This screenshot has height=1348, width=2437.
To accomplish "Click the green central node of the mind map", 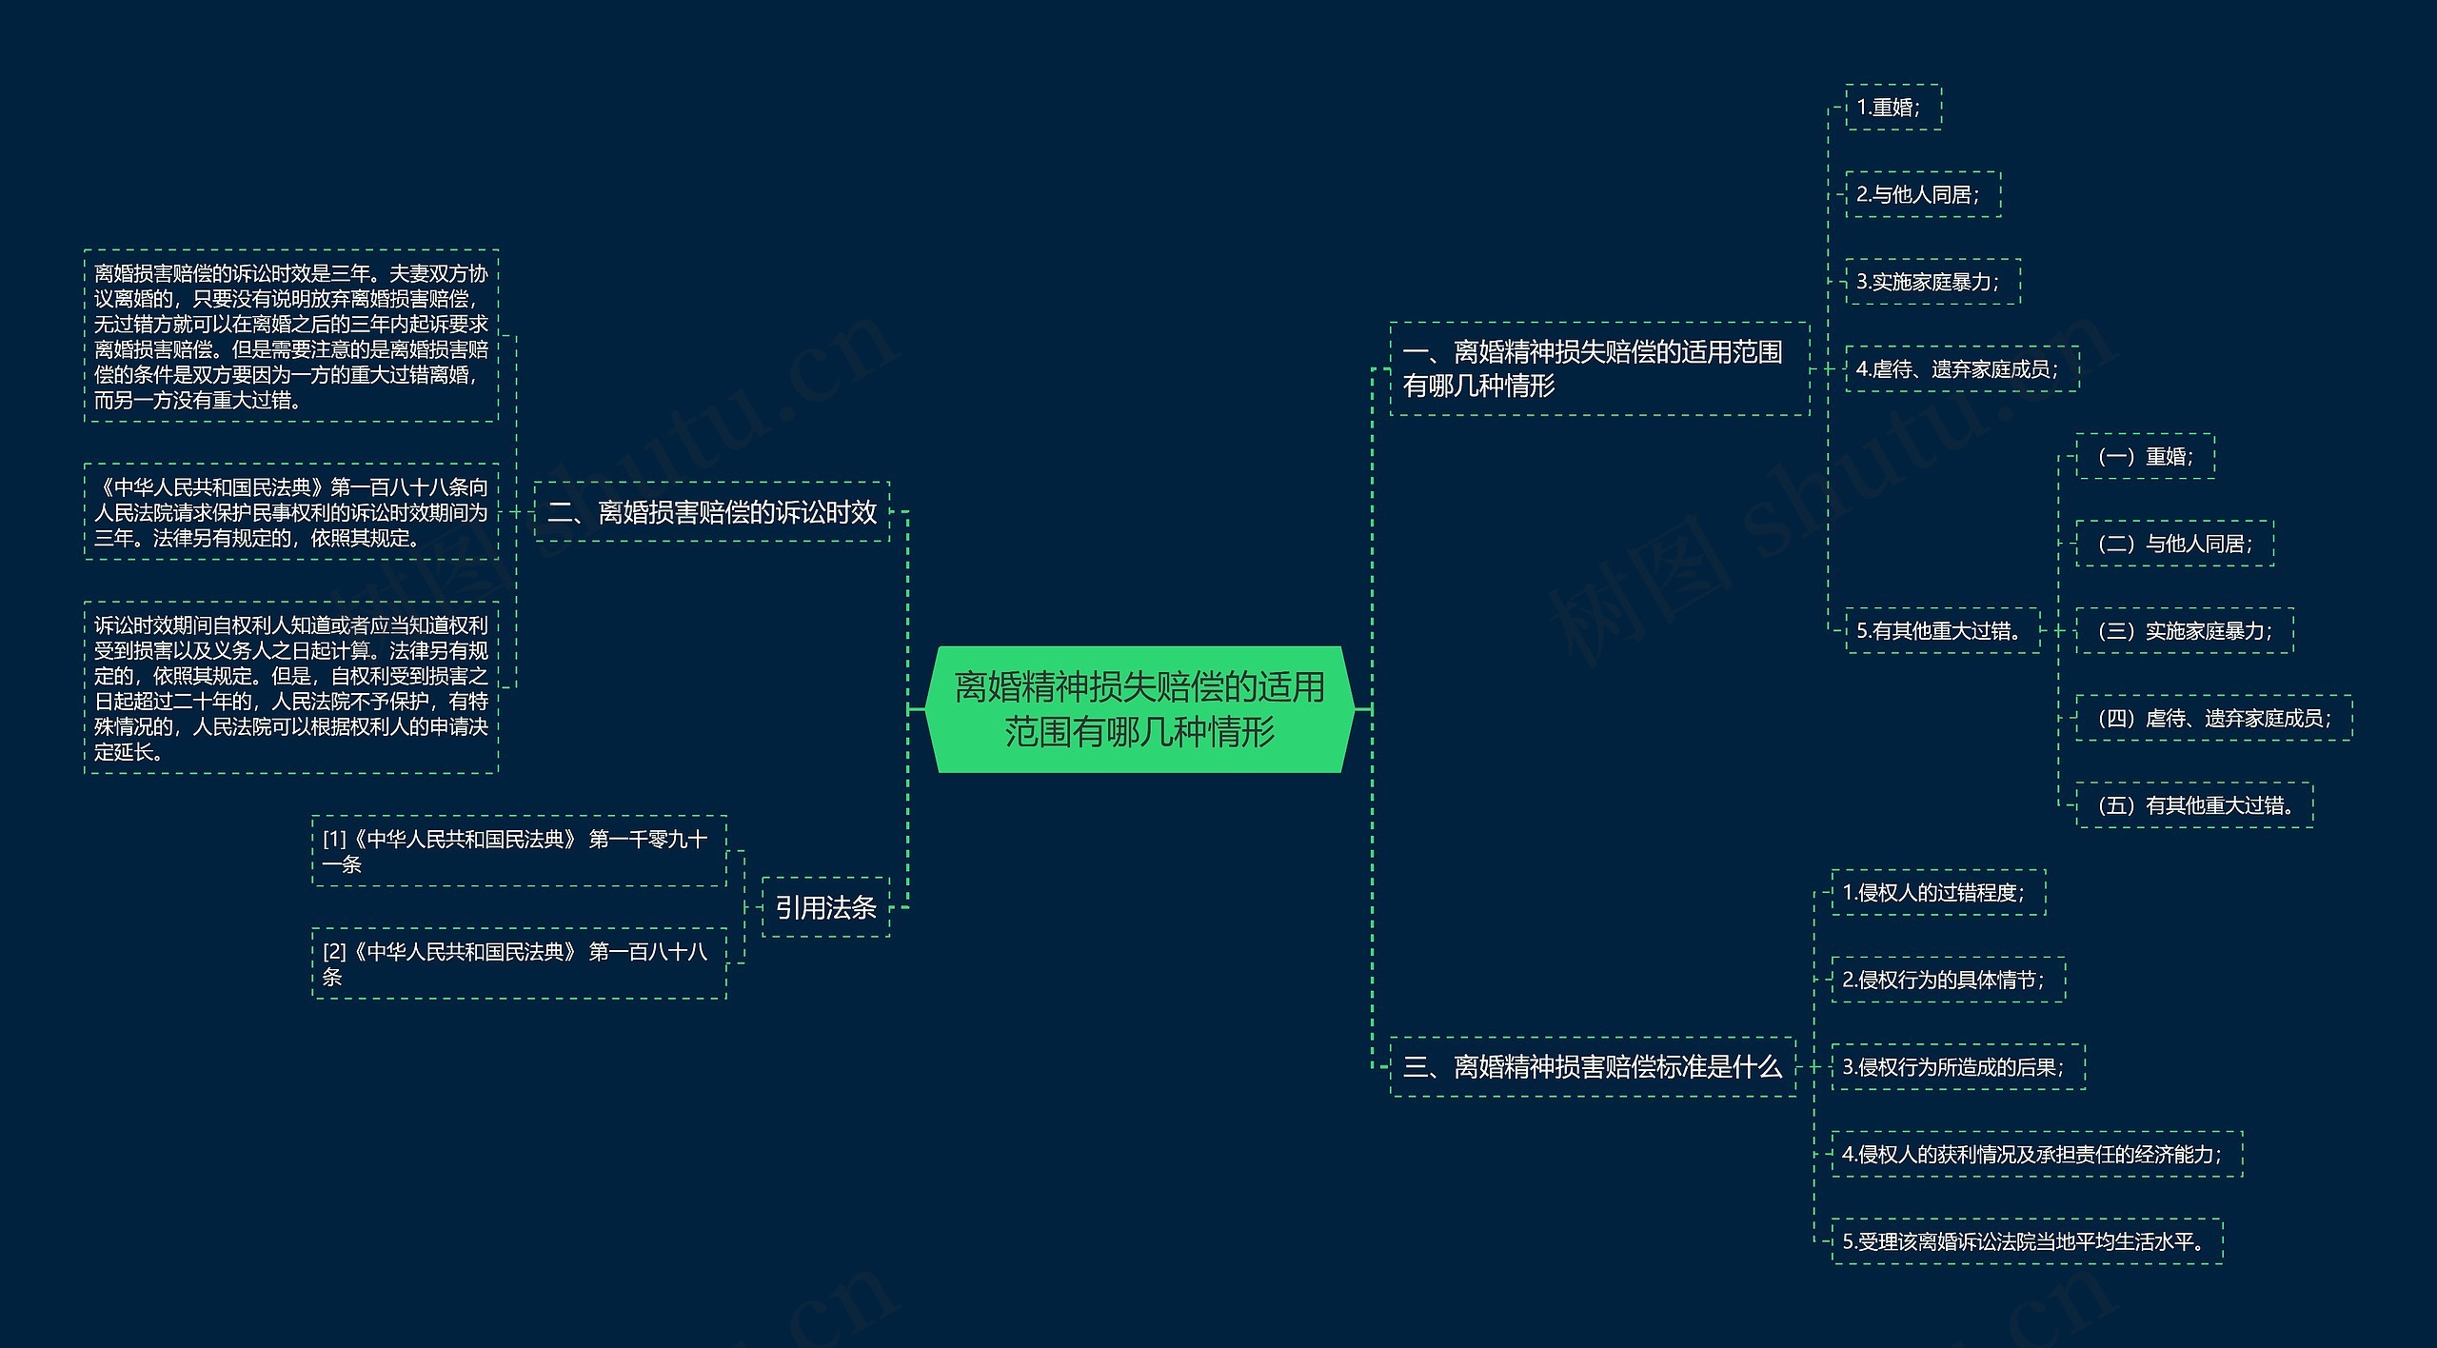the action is (x=1139, y=709).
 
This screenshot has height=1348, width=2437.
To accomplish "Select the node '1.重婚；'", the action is (x=1892, y=108).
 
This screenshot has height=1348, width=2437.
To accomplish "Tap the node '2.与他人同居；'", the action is (x=1922, y=195).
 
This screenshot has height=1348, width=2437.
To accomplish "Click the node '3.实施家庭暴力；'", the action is (x=1932, y=282).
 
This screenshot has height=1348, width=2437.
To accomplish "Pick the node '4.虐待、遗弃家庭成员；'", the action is (x=1961, y=369).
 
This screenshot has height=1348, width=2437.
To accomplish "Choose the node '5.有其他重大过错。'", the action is (x=1942, y=630).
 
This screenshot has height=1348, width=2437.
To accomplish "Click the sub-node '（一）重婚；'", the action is (x=2145, y=457).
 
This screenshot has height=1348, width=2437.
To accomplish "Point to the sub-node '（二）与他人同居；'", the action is (x=2174, y=544).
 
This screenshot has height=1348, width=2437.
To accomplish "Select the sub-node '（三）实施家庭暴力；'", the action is (x=2184, y=631).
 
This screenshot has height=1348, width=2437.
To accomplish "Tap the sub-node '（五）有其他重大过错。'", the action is (x=2193, y=805).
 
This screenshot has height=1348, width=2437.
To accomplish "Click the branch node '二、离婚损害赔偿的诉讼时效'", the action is (x=712, y=512).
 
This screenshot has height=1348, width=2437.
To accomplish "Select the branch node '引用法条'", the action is (x=825, y=907).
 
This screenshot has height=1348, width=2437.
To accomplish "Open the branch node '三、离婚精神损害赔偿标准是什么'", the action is (x=1592, y=1067).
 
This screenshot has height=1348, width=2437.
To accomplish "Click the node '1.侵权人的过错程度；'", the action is (x=1937, y=893).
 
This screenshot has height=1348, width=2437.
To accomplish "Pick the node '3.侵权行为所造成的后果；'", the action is (x=1957, y=1067).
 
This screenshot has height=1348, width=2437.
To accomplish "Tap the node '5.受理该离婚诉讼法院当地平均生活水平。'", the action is (x=2027, y=1241).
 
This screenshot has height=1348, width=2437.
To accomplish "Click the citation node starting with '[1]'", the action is (x=519, y=851).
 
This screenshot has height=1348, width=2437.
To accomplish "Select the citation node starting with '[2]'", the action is (x=519, y=963).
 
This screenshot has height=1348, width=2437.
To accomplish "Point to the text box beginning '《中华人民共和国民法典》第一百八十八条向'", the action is (x=291, y=512).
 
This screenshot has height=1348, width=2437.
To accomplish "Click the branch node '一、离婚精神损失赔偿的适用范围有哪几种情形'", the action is (x=1598, y=369).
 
